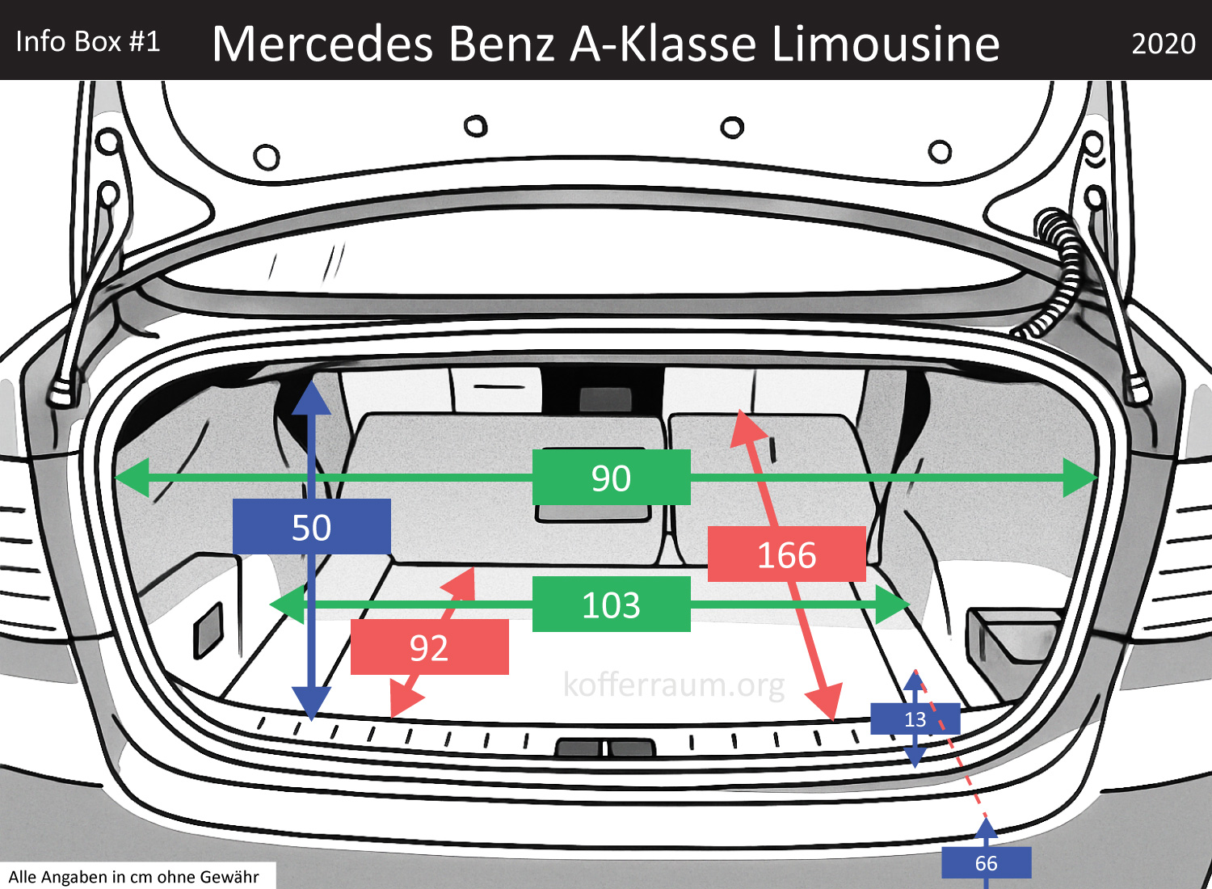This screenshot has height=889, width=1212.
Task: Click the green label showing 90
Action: click(x=611, y=478)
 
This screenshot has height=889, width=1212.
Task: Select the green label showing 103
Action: click(x=611, y=605)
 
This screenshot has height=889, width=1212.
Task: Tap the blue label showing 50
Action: click(x=311, y=527)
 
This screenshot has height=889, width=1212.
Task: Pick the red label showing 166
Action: click(x=786, y=554)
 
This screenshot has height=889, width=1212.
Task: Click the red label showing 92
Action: click(x=429, y=647)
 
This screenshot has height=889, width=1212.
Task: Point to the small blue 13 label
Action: click(x=915, y=719)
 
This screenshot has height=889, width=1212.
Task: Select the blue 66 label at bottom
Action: click(x=986, y=863)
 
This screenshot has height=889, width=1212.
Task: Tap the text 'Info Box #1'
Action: click(x=88, y=42)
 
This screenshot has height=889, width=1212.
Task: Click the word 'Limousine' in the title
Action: click(x=886, y=44)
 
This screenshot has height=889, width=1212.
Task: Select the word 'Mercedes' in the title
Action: click(x=322, y=44)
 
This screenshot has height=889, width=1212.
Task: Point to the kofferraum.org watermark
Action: click(x=674, y=685)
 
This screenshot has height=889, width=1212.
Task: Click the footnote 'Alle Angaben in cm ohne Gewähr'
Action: click(x=134, y=877)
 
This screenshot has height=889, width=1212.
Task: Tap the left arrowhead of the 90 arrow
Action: click(x=131, y=478)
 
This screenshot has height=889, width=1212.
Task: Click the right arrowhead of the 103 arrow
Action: click(x=895, y=605)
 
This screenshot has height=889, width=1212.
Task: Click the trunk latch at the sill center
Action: click(x=604, y=748)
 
